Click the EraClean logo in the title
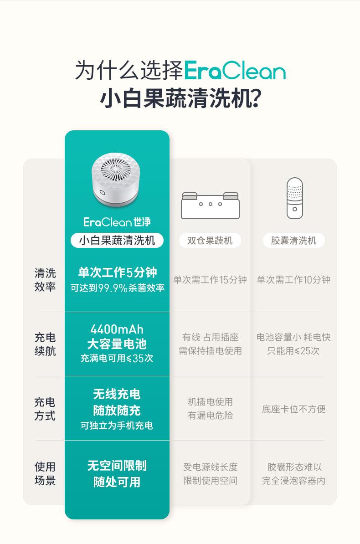point(235,71)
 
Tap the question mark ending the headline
point(255,98)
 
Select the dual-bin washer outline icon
point(210,205)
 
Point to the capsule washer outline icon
point(294,198)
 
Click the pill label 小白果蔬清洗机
point(117,241)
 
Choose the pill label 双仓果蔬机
point(210,241)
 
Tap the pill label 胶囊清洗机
point(293,241)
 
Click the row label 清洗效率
point(45,280)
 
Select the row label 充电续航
point(45,344)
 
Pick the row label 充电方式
point(45,409)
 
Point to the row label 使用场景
point(45,473)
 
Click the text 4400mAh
point(117,329)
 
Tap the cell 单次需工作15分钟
point(210,280)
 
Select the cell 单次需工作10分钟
point(293,280)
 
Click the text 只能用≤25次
point(293,351)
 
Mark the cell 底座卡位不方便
point(293,409)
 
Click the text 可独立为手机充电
point(117,426)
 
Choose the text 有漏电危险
point(210,415)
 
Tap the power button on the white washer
point(102,193)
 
